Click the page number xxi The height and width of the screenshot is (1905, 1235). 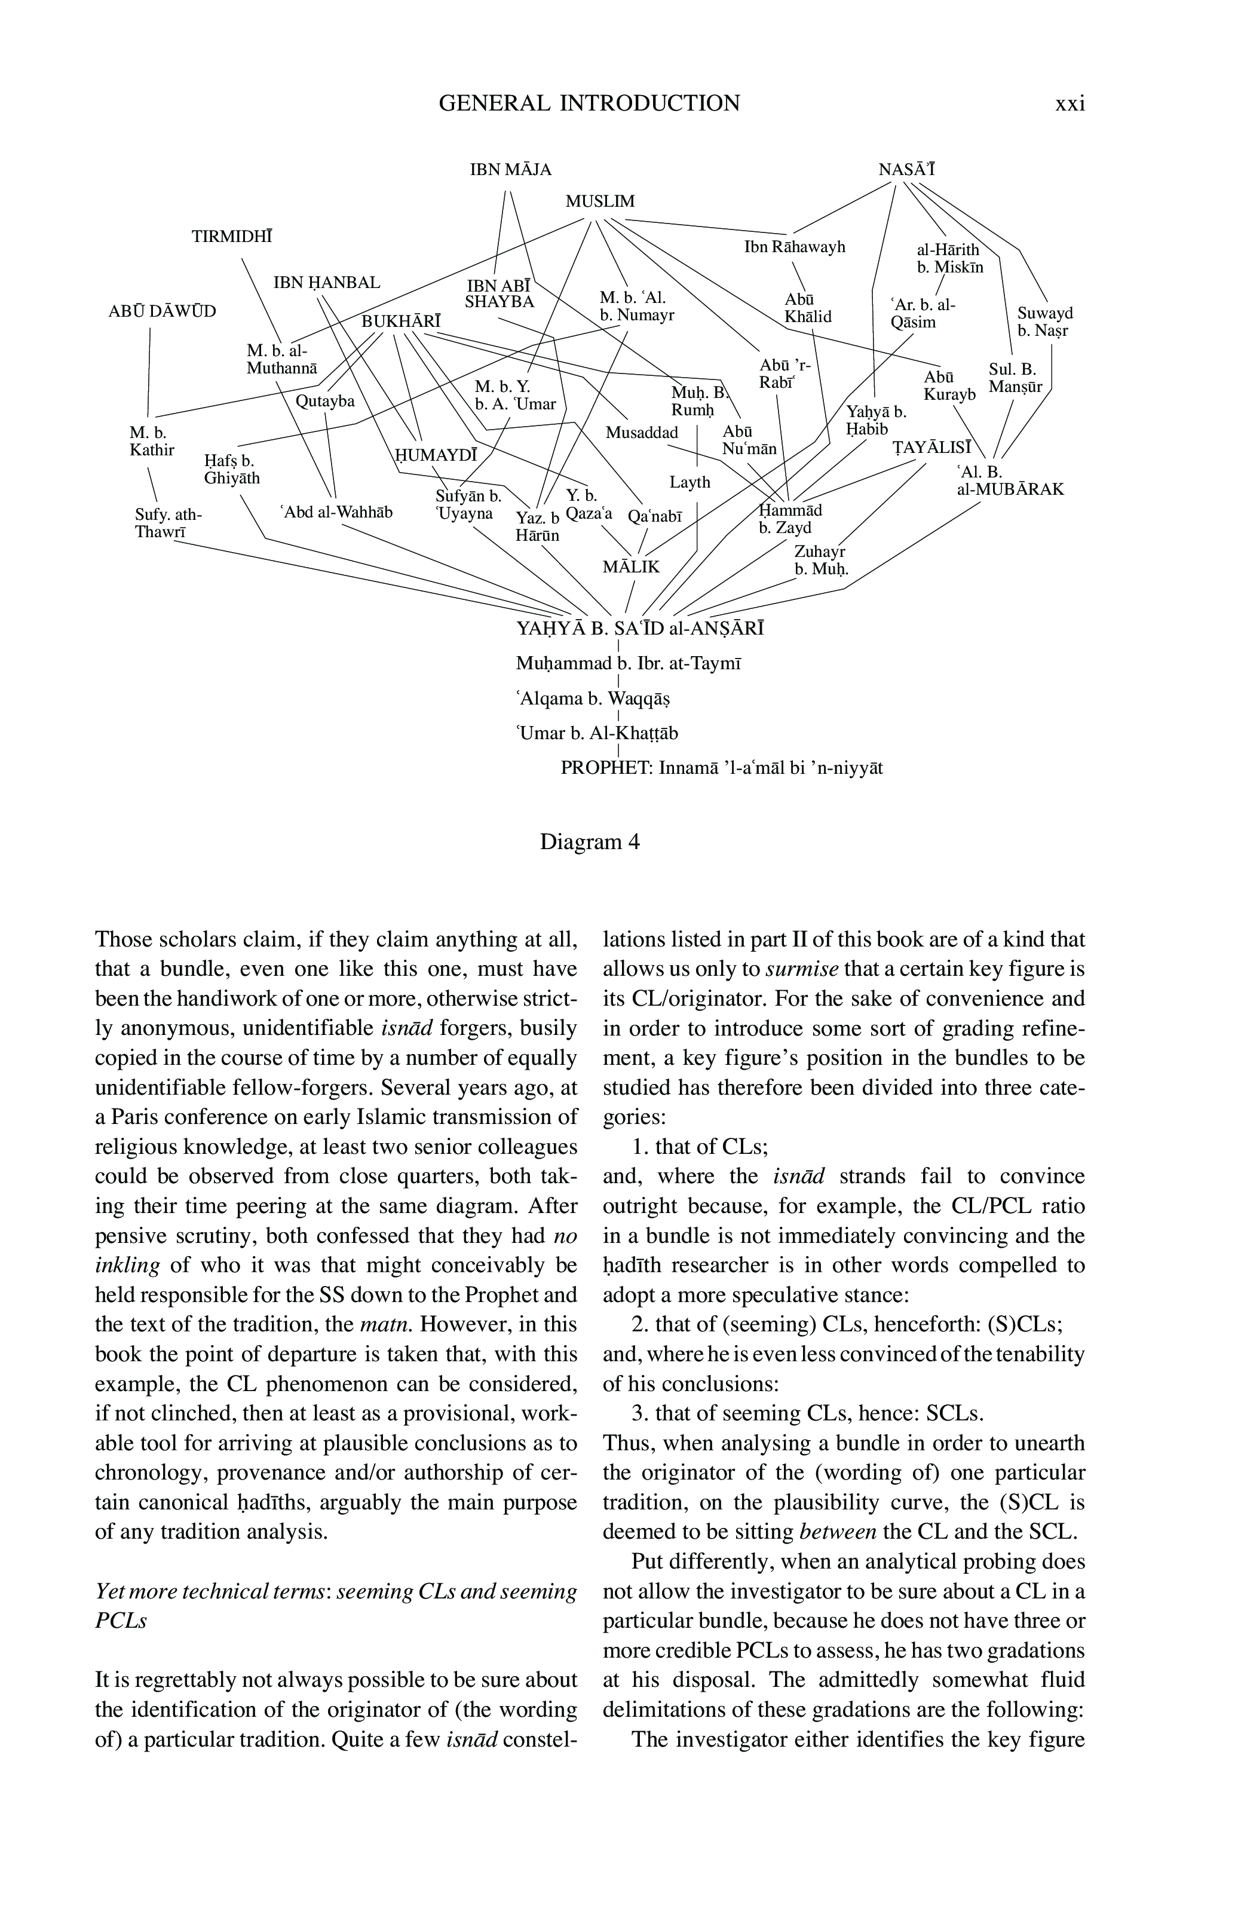[1069, 103]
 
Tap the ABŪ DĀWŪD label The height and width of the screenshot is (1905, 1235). [162, 311]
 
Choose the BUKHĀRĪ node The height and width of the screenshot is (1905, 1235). [401, 321]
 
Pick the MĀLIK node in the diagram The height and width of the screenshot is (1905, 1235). [631, 566]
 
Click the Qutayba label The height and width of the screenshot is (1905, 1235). [325, 401]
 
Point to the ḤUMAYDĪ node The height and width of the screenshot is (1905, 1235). [434, 455]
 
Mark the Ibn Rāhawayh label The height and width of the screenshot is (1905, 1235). [795, 247]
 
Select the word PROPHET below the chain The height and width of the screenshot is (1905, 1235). [606, 768]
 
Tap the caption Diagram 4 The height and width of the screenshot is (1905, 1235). [590, 842]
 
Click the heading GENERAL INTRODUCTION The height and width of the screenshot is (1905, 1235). [589, 103]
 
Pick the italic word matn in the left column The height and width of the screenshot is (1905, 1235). [386, 1324]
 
